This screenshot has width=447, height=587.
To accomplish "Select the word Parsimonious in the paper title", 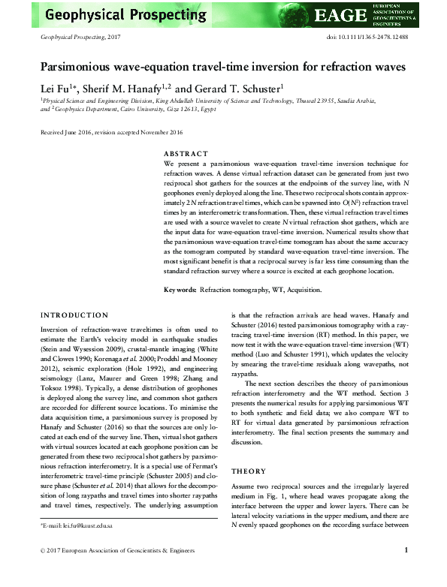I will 82,66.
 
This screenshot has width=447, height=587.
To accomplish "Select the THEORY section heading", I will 249,471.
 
